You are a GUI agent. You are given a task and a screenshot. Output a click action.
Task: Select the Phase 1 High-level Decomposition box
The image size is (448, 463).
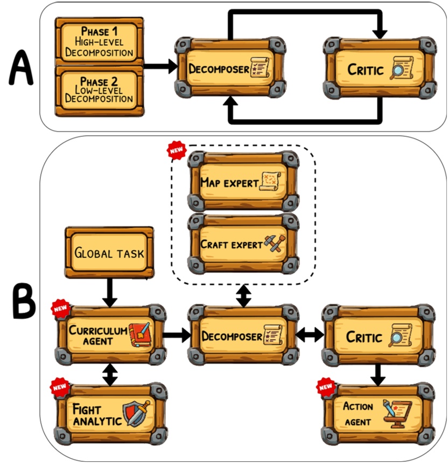pyautogui.click(x=99, y=41)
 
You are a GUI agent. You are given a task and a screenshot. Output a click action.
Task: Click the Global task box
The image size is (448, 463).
pyautogui.click(x=109, y=252)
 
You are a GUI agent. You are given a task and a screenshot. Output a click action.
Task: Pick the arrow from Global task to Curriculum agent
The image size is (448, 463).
pyautogui.click(x=109, y=292)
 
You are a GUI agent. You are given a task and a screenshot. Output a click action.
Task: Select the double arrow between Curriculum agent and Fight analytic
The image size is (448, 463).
pyautogui.click(x=110, y=374)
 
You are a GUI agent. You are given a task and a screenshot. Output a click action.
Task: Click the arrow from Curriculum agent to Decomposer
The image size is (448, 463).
pyautogui.click(x=177, y=335)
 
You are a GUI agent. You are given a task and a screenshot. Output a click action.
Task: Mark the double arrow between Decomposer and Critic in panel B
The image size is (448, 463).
pyautogui.click(x=309, y=335)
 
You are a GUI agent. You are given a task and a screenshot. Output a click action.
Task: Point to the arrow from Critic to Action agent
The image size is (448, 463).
pyautogui.click(x=378, y=374)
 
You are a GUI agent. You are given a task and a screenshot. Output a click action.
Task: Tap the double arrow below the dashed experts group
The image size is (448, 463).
pyautogui.click(x=244, y=296)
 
